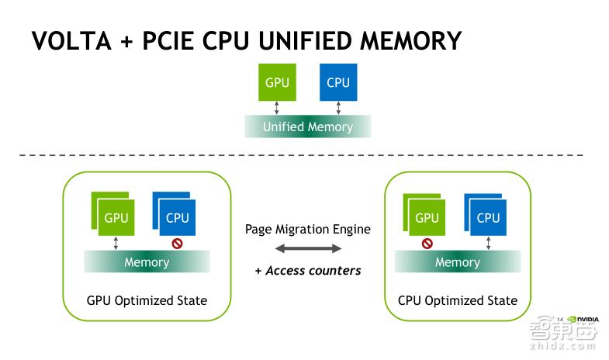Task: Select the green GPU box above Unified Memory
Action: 277,81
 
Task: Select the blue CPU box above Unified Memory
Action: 338,81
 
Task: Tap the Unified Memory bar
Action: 308,126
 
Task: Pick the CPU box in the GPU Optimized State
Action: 178,217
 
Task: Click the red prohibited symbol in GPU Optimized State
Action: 178,243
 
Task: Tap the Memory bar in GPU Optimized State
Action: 147,262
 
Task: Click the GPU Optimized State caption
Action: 147,300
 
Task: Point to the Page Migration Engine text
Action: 308,229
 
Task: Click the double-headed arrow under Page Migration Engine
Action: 308,249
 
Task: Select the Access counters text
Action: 308,271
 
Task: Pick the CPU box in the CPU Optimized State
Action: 488,217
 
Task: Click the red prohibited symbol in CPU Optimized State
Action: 427,243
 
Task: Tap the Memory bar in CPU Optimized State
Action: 457,262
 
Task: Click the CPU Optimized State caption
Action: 457,300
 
